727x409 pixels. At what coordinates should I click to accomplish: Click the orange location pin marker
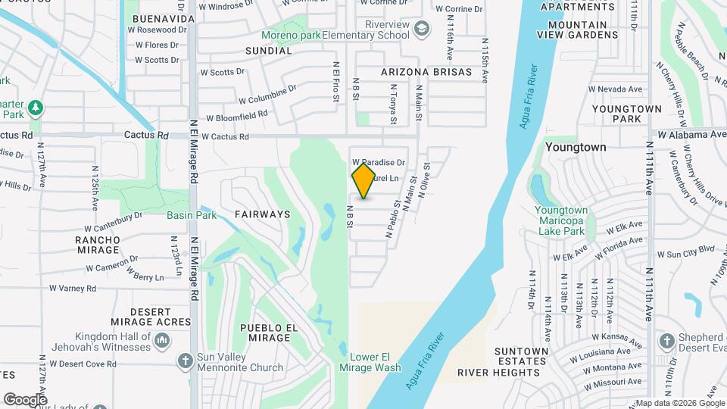tap(364, 180)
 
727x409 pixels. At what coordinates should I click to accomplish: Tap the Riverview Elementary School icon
tap(420, 30)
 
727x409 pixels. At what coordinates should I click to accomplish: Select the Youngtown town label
tap(576, 147)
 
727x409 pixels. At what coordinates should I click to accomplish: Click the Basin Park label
tap(192, 215)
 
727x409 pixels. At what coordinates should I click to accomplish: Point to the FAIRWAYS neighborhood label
tap(262, 214)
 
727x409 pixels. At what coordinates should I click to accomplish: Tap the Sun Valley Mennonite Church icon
tap(186, 362)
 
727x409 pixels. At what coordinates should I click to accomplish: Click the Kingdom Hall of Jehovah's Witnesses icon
tap(161, 342)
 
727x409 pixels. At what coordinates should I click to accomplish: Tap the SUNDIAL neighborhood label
tap(268, 51)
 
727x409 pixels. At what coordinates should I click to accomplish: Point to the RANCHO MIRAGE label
tap(97, 245)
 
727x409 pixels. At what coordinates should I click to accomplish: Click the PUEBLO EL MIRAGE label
tap(266, 333)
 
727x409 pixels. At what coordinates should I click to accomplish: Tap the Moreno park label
tap(289, 35)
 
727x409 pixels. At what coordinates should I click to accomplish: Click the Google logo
tap(25, 399)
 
